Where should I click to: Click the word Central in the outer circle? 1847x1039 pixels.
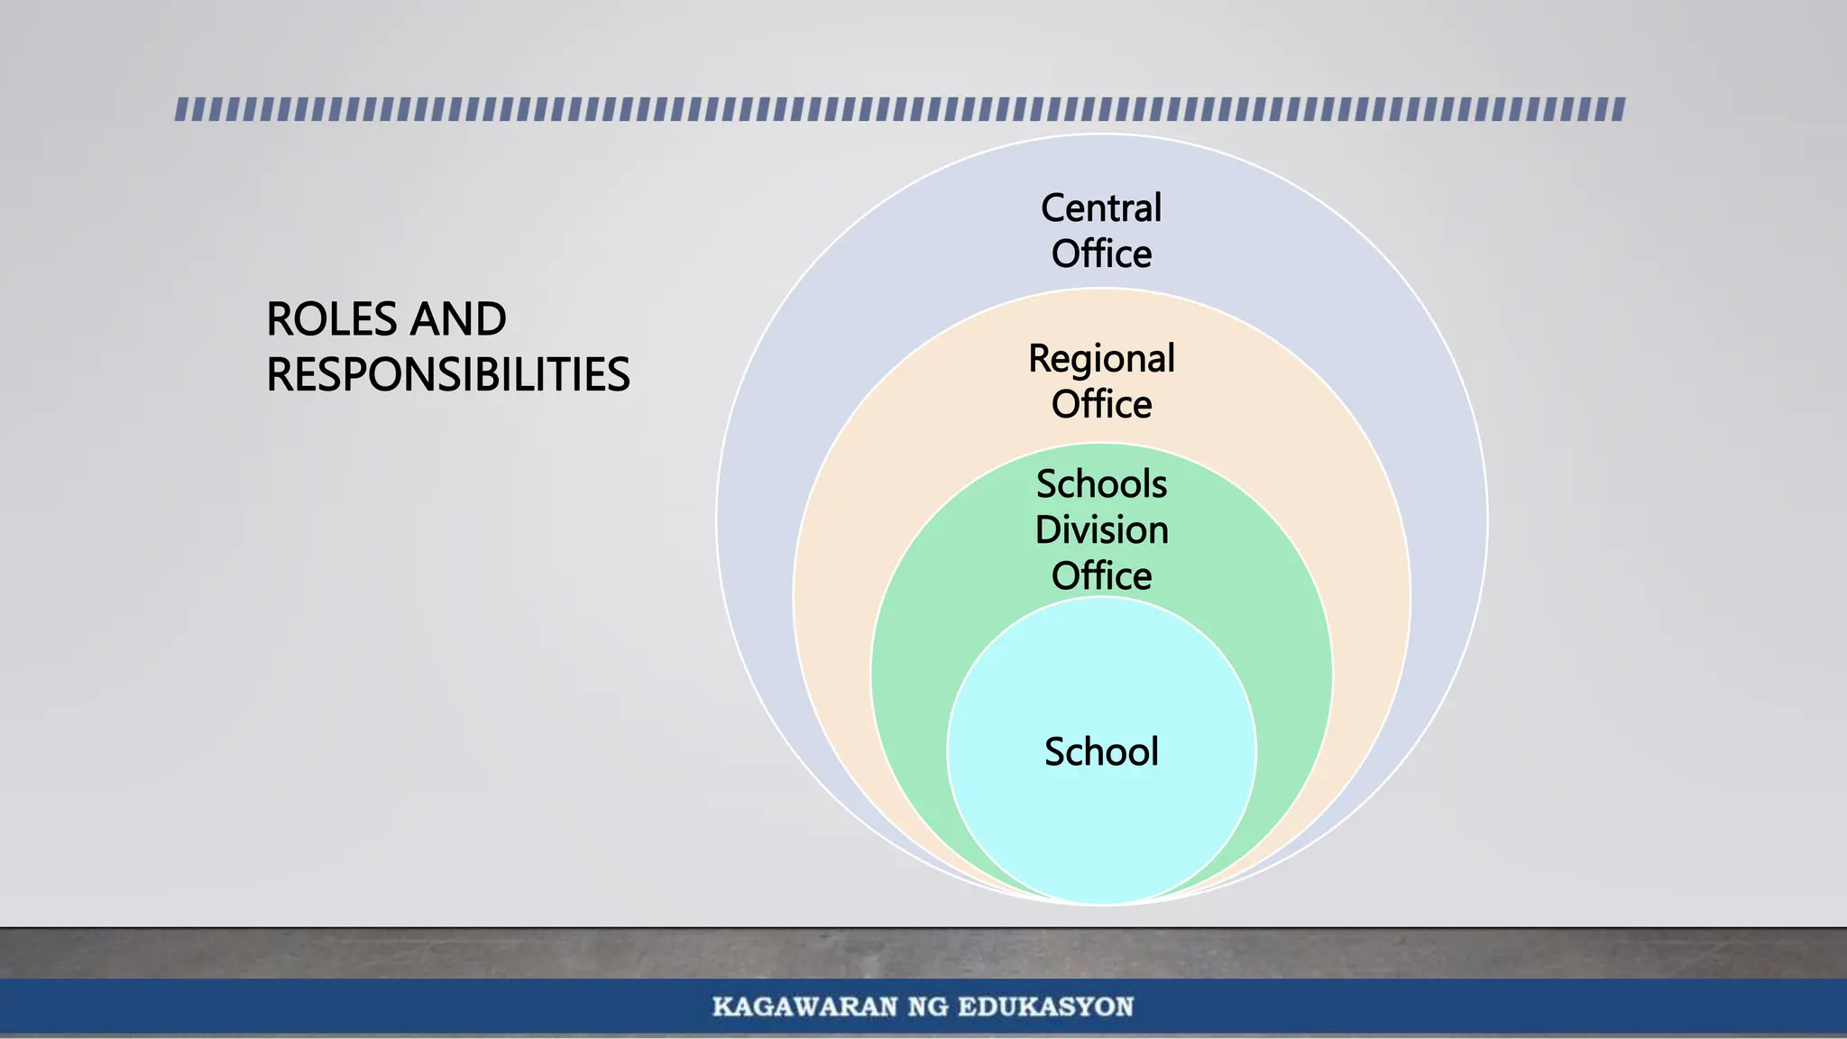click(1101, 208)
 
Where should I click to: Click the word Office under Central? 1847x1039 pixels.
click(1101, 254)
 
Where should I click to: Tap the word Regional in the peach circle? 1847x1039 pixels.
click(1101, 359)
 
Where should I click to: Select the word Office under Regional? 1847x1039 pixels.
click(1101, 405)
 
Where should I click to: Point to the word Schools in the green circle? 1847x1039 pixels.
click(1101, 484)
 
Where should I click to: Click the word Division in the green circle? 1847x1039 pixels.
click(1101, 530)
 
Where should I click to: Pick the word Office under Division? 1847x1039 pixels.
click(1101, 576)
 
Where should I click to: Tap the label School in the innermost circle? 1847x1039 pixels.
click(1101, 752)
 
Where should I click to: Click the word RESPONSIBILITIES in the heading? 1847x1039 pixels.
click(447, 375)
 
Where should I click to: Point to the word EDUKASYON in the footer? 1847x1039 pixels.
click(1045, 1007)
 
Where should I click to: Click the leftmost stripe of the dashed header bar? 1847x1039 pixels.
click(181, 110)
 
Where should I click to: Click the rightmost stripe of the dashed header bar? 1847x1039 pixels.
click(1619, 110)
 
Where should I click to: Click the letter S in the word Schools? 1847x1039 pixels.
click(1046, 484)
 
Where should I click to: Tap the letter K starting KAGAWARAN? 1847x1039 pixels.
click(722, 1007)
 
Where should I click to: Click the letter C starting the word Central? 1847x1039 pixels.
click(1052, 208)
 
